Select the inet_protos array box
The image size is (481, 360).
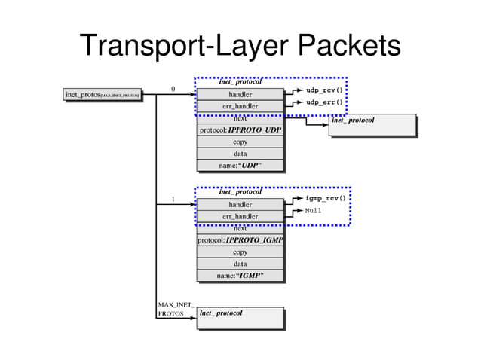103,95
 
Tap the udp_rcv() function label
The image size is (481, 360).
324,90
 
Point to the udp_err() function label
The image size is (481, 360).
324,102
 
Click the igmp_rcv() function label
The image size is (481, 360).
326,199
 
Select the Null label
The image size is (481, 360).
314,211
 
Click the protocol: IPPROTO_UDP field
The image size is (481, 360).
240,130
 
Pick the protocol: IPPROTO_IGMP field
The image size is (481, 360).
240,240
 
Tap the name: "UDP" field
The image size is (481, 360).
240,165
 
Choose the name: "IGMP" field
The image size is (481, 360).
240,276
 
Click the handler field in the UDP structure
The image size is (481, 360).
240,94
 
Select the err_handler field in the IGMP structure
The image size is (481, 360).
240,217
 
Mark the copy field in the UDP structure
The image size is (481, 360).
240,142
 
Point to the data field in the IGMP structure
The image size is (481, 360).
240,264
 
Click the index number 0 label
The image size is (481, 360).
173,89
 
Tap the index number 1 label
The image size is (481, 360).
173,200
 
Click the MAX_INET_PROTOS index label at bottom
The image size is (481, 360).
176,310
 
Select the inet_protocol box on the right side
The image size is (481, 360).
372,125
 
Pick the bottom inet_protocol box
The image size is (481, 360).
240,318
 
